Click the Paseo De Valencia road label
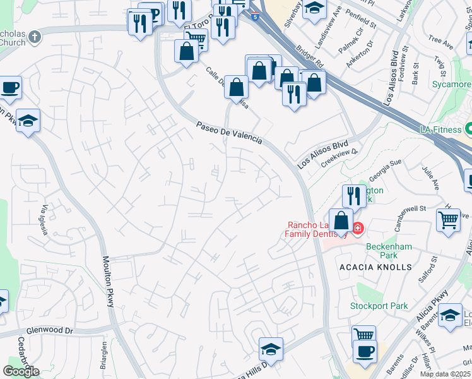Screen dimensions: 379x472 tap(228, 133)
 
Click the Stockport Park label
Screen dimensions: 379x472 tap(379, 306)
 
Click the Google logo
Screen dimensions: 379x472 tap(21, 371)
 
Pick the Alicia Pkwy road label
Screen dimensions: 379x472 tap(430, 313)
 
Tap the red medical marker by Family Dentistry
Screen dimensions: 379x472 tap(357, 228)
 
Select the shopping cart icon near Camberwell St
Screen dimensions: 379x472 tap(448, 220)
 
